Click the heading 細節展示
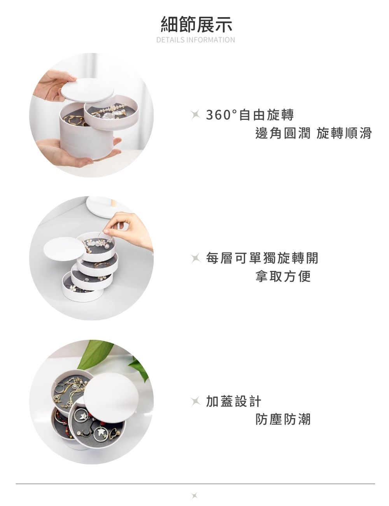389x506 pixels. pyautogui.click(x=196, y=24)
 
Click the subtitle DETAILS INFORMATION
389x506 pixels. pyautogui.click(x=196, y=40)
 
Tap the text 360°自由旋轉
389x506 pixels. pyautogui.click(x=250, y=115)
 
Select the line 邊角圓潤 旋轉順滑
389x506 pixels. pyautogui.click(x=313, y=133)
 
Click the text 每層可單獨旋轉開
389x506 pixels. pyautogui.click(x=262, y=258)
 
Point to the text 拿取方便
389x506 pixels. pyautogui.click(x=283, y=276)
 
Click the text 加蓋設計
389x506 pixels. pyautogui.click(x=233, y=401)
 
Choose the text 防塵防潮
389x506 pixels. pyautogui.click(x=283, y=419)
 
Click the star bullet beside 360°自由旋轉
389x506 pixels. pyautogui.click(x=195, y=115)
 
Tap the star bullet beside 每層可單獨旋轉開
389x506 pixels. pyautogui.click(x=195, y=258)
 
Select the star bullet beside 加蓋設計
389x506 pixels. pyautogui.click(x=195, y=401)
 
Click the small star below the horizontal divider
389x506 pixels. pyautogui.click(x=195, y=496)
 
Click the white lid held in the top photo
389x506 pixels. pyautogui.click(x=88, y=90)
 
